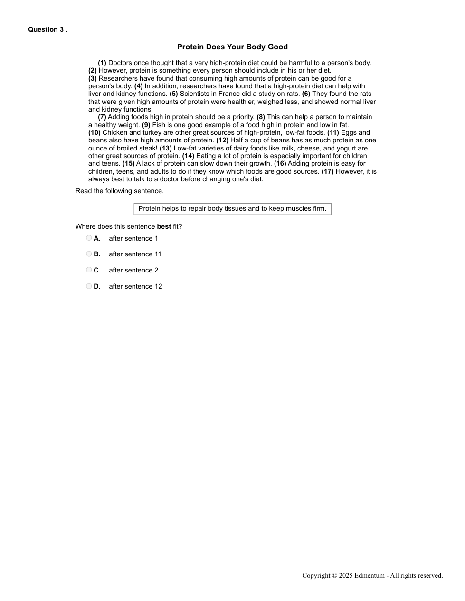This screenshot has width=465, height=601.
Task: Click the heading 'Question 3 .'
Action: pyautogui.click(x=47, y=29)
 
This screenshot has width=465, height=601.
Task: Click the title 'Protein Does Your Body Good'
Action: pyautogui.click(x=232, y=47)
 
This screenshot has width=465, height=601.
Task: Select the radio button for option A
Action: pyautogui.click(x=89, y=238)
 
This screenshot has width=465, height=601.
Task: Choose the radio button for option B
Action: pyautogui.click(x=89, y=254)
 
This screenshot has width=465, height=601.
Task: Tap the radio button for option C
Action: pyautogui.click(x=89, y=270)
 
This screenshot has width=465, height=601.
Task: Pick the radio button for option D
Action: pyautogui.click(x=89, y=286)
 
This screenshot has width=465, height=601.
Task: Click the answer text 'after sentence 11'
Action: pyautogui.click(x=135, y=254)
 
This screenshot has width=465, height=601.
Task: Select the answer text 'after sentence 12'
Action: pyautogui.click(x=135, y=286)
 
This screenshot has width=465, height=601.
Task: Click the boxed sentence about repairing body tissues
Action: pyautogui.click(x=232, y=208)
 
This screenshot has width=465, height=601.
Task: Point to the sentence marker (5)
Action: pyautogui.click(x=173, y=94)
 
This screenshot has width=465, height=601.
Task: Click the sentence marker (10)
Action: pyautogui.click(x=94, y=132)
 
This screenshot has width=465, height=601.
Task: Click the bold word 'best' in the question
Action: pyautogui.click(x=164, y=226)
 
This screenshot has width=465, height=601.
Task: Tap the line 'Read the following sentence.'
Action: pyautogui.click(x=119, y=191)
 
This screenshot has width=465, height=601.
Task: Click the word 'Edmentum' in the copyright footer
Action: pyautogui.click(x=370, y=575)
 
